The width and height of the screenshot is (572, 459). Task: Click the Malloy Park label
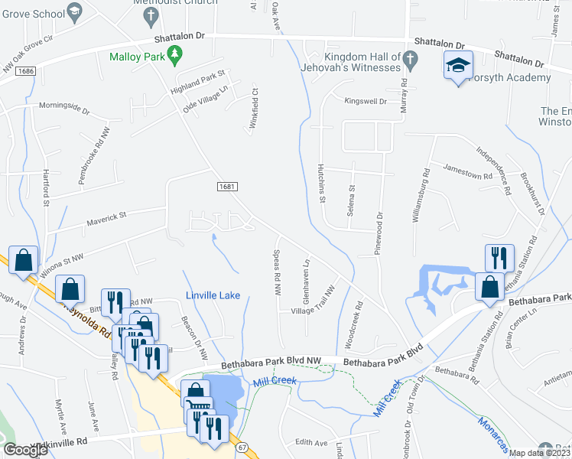coord(138,57)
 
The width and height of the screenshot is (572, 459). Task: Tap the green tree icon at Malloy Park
coord(177,54)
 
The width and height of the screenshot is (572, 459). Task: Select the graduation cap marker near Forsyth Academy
coord(458,65)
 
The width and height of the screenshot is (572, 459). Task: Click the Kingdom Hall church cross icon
coord(410,59)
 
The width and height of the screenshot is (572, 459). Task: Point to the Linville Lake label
coord(213,295)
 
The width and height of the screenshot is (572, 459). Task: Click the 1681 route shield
coord(226,186)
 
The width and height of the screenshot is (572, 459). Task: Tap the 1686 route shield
coord(23,70)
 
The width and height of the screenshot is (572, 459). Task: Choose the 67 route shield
coord(243,446)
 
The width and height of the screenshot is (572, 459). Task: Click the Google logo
coord(26,450)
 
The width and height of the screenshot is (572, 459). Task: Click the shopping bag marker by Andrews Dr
coord(24,259)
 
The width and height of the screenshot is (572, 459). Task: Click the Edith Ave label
coord(311,442)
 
